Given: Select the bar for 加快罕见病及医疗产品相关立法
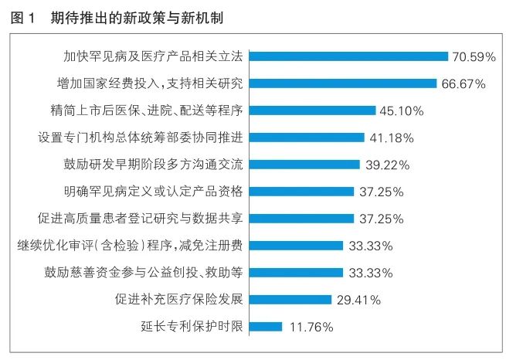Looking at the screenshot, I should pyautogui.click(x=350, y=56).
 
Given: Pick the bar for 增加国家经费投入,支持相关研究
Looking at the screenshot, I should pyautogui.click(x=345, y=83).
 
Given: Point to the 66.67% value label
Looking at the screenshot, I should pyautogui.click(x=464, y=83).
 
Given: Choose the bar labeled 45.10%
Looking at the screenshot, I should pyautogui.click(x=314, y=110).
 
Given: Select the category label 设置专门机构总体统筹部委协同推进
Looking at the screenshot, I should pyautogui.click(x=141, y=138).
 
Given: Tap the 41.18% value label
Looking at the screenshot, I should pyautogui.click(x=391, y=138).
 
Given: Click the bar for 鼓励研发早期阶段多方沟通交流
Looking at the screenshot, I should pyautogui.click(x=306, y=165).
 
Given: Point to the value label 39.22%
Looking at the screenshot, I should pyautogui.click(x=386, y=165).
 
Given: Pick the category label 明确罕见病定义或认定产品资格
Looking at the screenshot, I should pyautogui.click(x=154, y=192).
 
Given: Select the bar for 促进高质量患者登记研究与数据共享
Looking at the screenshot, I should pyautogui.click(x=303, y=219).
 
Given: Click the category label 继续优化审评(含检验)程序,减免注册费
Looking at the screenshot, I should pyautogui.click(x=131, y=246).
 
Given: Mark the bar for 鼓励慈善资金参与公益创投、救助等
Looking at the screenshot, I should pyautogui.click(x=297, y=273).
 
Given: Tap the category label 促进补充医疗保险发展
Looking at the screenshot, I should pyautogui.click(x=179, y=299).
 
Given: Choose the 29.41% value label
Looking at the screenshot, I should pyautogui.click(x=358, y=299).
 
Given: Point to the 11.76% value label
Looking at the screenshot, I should pyautogui.click(x=311, y=326).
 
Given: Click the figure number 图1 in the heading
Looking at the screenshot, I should pyautogui.click(x=24, y=16).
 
